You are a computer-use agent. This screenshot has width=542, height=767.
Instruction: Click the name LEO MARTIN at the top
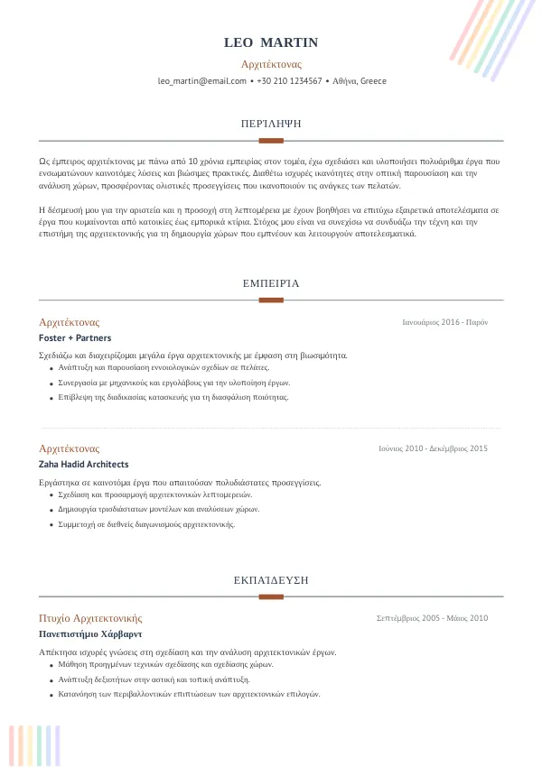(x=271, y=43)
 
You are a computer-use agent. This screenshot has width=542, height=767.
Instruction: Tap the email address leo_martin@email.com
(x=202, y=81)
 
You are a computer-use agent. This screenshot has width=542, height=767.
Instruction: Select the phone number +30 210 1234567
(x=289, y=81)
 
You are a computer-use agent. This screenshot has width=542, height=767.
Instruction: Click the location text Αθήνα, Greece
(x=360, y=81)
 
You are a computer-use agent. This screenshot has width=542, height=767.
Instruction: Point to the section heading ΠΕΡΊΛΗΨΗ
(x=271, y=123)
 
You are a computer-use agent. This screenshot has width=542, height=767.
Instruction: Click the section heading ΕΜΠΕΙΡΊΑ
(x=271, y=283)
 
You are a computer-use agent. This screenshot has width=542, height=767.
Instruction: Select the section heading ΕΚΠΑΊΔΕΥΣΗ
(x=271, y=579)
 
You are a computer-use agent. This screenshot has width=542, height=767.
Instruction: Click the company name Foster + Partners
(x=75, y=338)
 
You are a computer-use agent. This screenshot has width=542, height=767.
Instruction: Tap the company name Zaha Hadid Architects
(x=84, y=465)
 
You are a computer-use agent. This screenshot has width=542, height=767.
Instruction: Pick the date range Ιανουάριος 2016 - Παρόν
(x=445, y=322)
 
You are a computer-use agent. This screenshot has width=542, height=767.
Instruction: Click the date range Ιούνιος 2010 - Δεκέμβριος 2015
(x=434, y=448)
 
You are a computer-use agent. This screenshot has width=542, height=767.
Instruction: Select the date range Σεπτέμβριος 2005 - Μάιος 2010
(x=432, y=618)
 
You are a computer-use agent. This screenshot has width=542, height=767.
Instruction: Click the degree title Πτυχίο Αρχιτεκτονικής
(x=90, y=618)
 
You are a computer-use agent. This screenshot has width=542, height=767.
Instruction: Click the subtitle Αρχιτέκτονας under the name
(x=271, y=64)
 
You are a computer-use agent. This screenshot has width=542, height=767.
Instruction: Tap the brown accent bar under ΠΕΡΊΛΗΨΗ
(x=271, y=141)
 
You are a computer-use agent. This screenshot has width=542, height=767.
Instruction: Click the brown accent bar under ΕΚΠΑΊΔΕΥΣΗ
(x=271, y=596)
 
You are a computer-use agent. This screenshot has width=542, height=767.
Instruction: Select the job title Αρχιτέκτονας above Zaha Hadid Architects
(x=70, y=448)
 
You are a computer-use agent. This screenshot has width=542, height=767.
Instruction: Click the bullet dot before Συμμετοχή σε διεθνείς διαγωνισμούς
(x=51, y=524)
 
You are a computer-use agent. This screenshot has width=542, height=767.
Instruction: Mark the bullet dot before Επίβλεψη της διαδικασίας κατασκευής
(x=51, y=398)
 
